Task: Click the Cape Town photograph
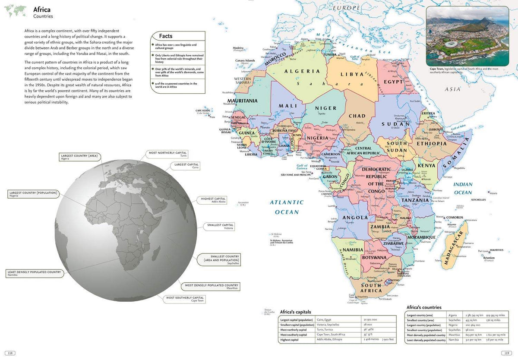pos(467,36)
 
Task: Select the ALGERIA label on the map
pos(305,71)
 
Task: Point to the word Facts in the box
pos(166,36)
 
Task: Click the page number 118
pos(9,353)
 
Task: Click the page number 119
pos(508,353)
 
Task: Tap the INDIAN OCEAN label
pos(463,188)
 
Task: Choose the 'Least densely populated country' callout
pos(34,274)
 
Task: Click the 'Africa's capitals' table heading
pos(295,312)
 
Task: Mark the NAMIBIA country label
pos(353,250)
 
